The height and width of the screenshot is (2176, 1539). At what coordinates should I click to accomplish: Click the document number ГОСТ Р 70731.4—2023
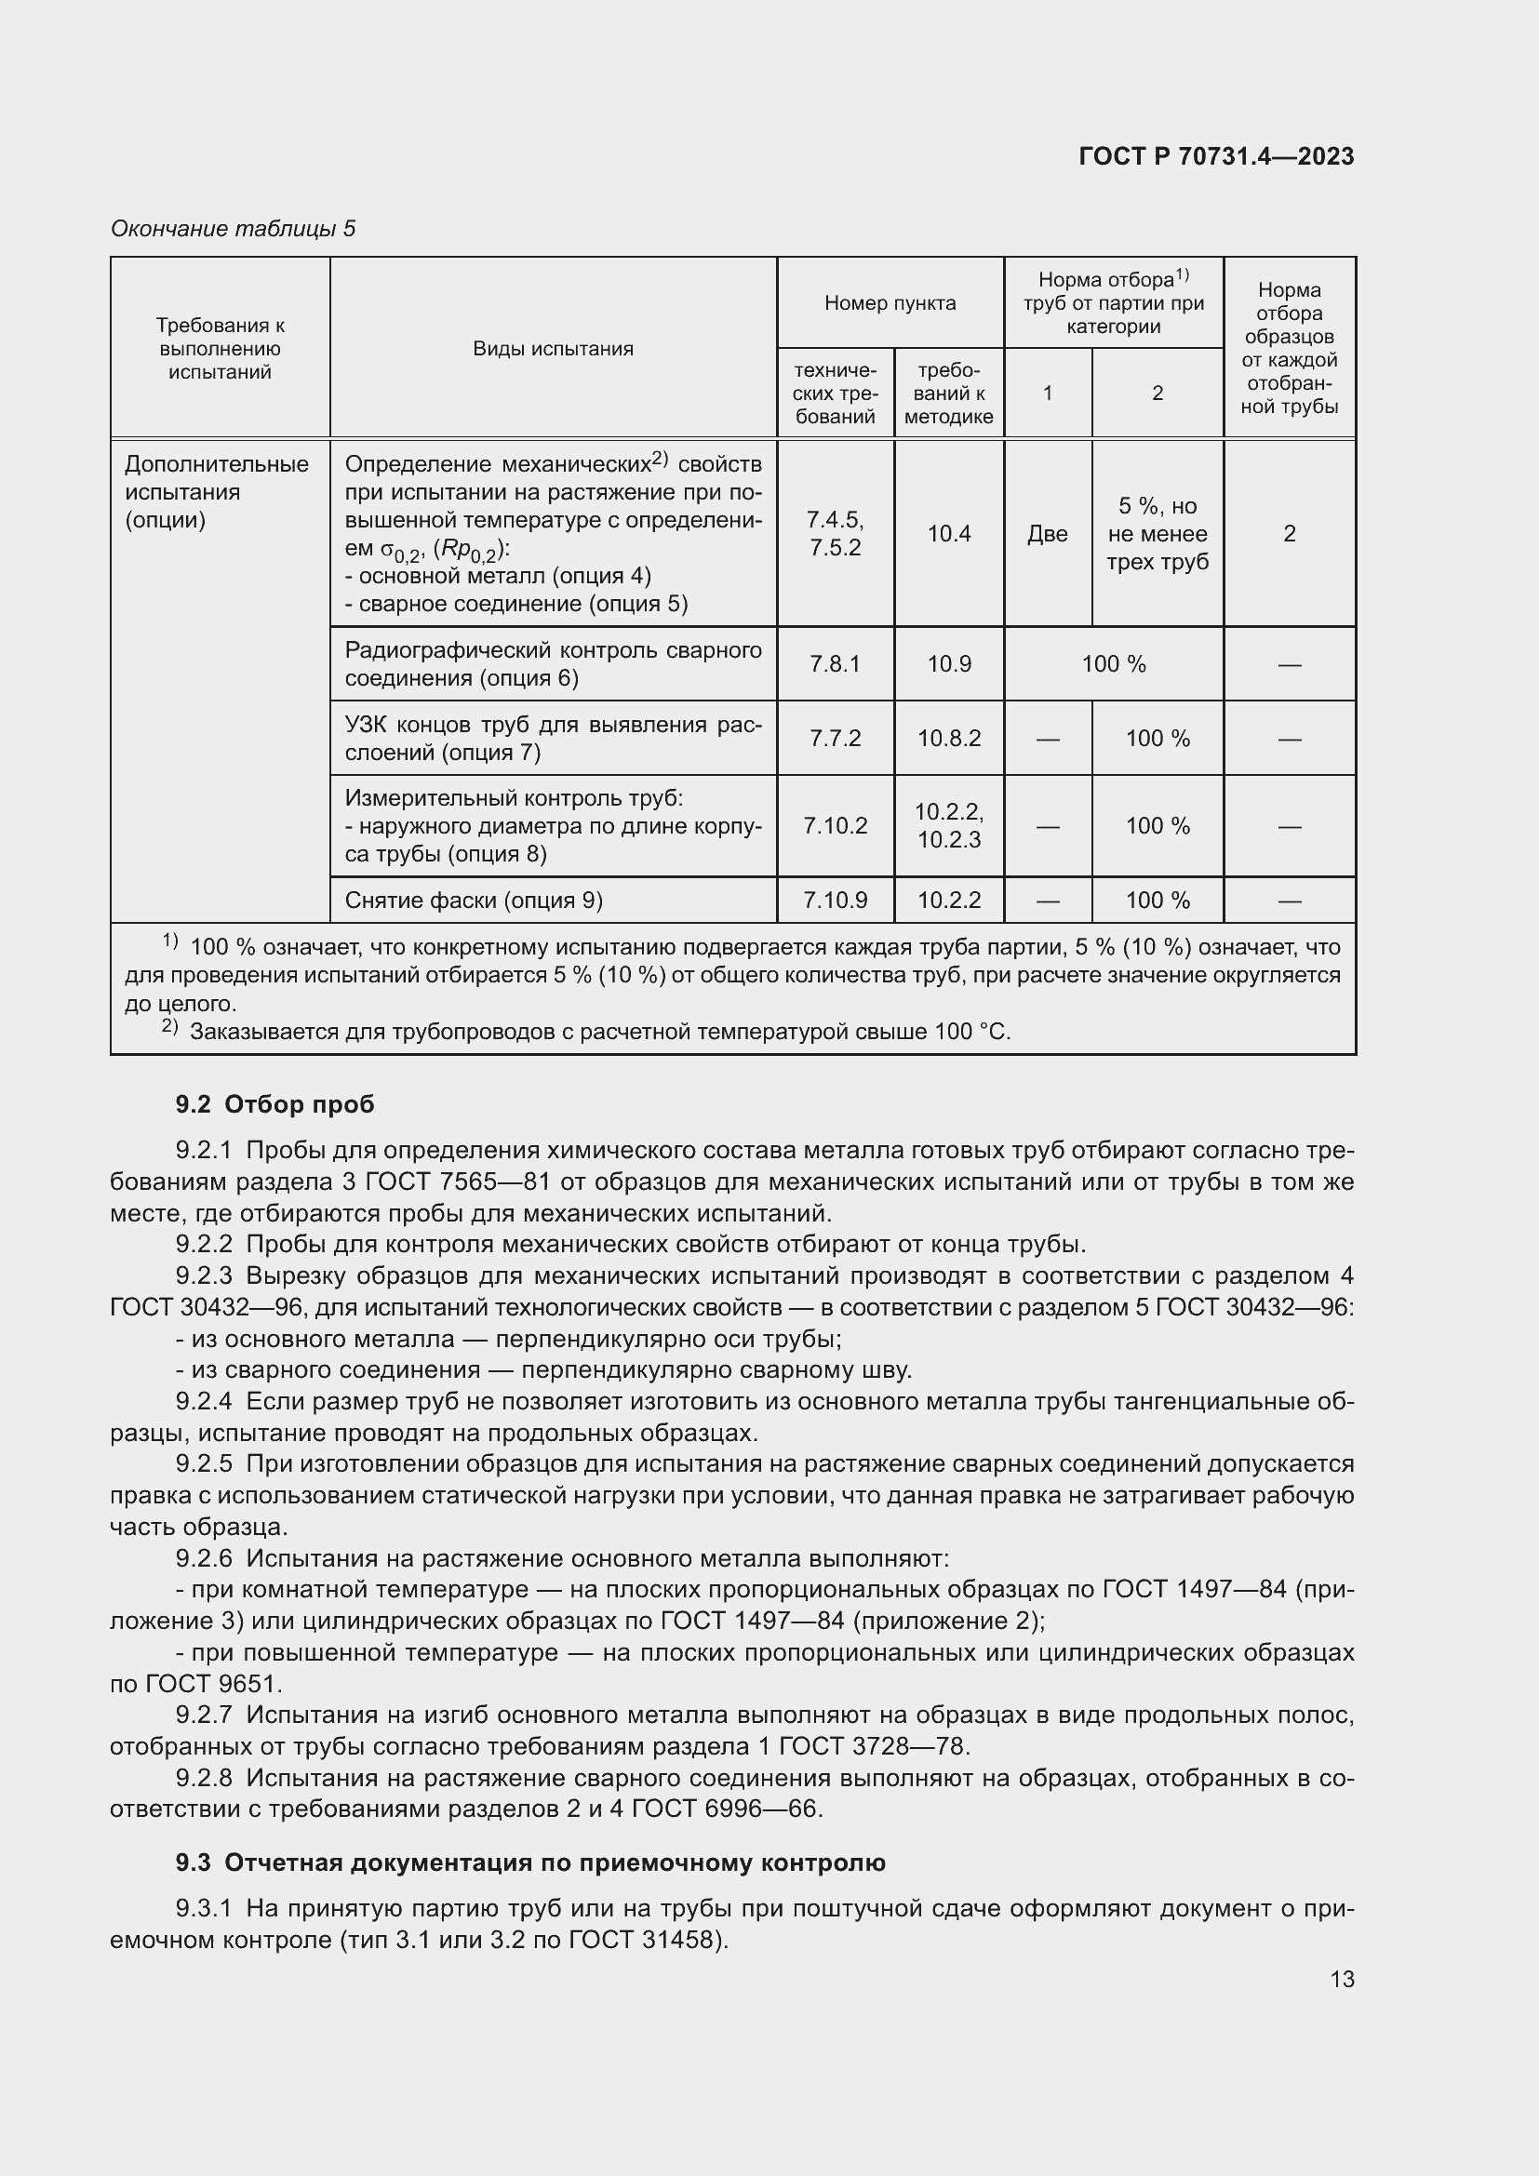point(1216,156)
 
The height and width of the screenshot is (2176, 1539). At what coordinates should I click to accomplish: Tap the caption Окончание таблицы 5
point(234,229)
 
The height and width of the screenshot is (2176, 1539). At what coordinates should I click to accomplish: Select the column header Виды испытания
point(553,349)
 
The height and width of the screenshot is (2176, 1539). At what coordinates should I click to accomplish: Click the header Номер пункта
point(890,303)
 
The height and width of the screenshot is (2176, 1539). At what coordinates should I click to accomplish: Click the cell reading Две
point(1047,534)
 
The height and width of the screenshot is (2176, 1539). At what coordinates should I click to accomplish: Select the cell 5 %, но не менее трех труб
point(1158,534)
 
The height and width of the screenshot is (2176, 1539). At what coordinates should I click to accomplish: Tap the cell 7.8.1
point(835,663)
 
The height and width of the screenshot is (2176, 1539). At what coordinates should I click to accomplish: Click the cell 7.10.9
point(835,901)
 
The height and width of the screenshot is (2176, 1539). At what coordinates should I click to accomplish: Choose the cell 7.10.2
point(835,825)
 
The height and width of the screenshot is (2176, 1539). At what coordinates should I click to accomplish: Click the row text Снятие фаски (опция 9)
point(474,901)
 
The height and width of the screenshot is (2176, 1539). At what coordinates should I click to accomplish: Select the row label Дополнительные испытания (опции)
point(217,492)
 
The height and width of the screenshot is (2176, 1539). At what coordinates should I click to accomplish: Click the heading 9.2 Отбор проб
point(274,1104)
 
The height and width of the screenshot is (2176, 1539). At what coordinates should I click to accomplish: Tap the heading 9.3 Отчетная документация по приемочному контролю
point(530,1862)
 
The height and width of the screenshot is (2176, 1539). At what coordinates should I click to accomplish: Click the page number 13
point(1342,1979)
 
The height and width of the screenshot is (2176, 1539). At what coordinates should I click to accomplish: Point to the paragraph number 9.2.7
point(204,1715)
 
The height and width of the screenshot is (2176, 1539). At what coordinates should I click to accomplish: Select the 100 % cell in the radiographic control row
point(1114,663)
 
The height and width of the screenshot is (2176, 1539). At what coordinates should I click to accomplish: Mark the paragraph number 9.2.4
point(204,1401)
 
